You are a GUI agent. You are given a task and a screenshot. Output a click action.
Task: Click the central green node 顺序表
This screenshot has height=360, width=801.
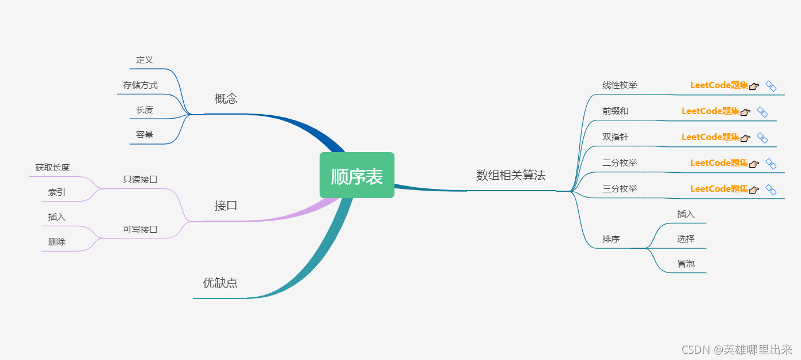click(x=357, y=176)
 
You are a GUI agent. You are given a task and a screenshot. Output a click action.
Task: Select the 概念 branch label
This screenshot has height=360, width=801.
click(x=226, y=99)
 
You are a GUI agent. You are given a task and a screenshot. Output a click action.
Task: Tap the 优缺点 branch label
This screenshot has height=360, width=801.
click(x=220, y=283)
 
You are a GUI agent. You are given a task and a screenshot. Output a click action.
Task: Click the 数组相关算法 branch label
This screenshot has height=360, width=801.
click(x=510, y=176)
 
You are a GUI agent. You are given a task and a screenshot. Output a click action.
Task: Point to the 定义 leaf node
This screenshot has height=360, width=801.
click(x=145, y=60)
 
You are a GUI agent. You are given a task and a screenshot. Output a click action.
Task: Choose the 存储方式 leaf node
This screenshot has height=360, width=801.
click(x=140, y=85)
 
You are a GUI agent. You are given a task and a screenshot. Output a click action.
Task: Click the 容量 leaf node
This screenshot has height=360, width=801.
click(x=145, y=135)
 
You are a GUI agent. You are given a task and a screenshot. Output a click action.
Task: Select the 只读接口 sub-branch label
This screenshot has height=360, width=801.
click(x=140, y=179)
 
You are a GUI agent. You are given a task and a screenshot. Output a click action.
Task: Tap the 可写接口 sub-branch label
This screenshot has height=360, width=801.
click(x=140, y=229)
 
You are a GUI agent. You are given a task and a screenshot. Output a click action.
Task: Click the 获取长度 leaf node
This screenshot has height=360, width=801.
click(x=52, y=168)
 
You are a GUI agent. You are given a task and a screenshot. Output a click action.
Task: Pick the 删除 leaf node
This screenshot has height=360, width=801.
click(x=57, y=242)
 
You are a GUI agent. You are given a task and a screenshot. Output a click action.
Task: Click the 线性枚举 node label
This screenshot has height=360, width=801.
click(x=620, y=85)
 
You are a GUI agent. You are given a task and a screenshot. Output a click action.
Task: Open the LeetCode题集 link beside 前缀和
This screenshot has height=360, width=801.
click(x=710, y=111)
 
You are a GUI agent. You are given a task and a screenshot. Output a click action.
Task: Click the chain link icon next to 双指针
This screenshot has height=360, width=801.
click(x=762, y=138)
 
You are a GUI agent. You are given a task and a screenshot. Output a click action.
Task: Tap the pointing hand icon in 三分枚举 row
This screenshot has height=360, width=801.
click(x=754, y=190)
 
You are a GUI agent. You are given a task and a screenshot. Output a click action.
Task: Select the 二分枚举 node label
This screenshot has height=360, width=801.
click(x=620, y=163)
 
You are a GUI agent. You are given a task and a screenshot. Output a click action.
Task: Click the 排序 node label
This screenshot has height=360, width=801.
click(x=611, y=238)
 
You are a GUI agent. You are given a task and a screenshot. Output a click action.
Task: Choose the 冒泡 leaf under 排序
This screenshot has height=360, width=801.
click(x=686, y=264)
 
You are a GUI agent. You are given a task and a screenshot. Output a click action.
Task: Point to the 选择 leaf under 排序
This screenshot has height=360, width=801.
click(x=686, y=238)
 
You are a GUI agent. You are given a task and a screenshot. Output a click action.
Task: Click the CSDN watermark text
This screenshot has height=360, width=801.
click(x=737, y=350)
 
